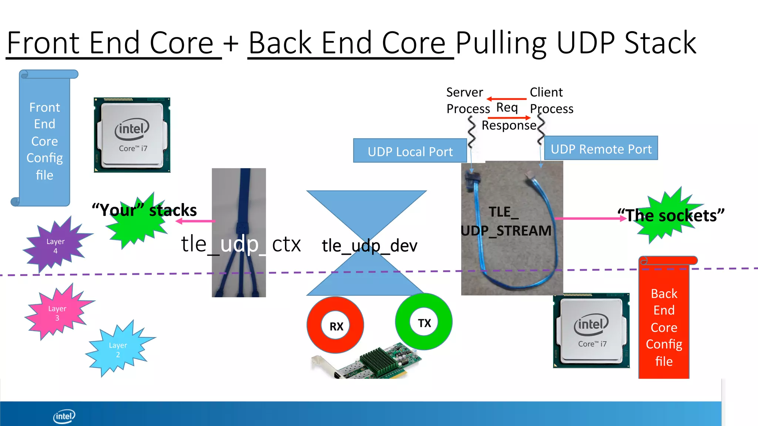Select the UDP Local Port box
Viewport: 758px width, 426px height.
410,151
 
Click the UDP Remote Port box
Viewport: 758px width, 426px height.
601,149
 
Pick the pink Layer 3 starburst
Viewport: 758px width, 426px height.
57,312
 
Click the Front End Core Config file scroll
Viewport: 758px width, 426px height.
44,141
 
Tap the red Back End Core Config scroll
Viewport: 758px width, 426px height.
664,325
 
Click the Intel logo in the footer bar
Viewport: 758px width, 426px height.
64,416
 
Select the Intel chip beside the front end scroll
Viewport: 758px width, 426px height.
132,135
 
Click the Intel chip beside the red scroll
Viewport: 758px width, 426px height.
591,330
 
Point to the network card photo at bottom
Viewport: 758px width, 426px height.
370,364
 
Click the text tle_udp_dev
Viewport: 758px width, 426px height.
369,246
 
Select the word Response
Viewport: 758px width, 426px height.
509,125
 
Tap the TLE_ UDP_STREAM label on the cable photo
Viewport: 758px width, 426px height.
506,221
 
